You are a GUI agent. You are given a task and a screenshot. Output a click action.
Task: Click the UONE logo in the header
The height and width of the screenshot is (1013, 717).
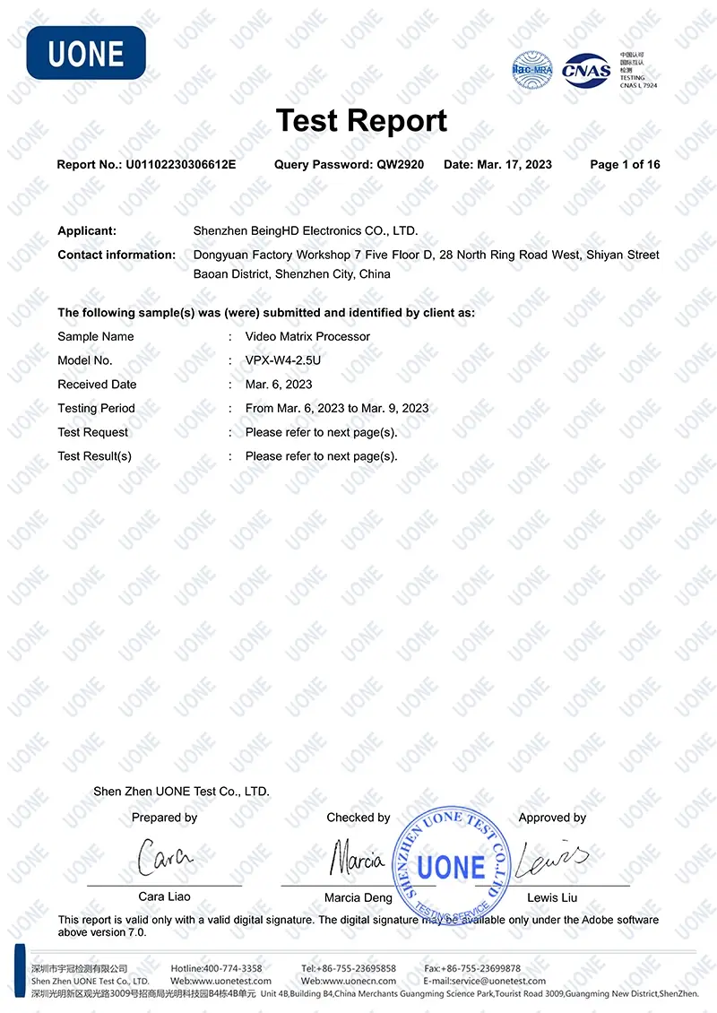86,53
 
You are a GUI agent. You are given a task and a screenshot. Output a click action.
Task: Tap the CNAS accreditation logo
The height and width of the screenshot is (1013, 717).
587,70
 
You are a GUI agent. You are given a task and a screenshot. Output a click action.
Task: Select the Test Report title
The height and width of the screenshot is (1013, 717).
361,120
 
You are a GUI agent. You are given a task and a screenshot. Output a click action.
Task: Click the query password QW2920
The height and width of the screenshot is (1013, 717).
401,164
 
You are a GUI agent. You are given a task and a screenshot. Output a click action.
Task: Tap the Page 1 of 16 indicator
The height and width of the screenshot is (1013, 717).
625,164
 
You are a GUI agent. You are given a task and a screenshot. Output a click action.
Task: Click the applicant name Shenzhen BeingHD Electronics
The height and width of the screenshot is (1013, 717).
306,230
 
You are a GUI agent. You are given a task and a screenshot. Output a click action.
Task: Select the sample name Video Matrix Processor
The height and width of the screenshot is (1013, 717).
307,336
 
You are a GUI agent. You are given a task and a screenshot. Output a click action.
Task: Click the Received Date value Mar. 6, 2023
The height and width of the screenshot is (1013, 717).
279,385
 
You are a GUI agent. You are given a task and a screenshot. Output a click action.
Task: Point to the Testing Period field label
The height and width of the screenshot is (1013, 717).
96,408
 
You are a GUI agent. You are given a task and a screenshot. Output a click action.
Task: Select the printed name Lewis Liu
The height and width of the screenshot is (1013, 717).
552,897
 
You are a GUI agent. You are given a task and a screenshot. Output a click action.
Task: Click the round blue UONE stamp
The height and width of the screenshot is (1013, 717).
452,867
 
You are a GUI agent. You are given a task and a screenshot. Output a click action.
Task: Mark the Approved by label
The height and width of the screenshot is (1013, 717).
552,818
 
